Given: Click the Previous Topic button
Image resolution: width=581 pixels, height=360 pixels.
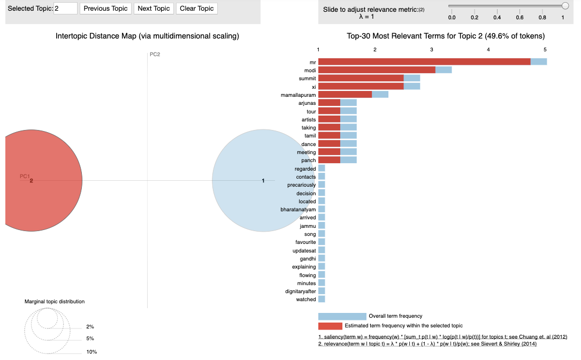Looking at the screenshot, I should click(105, 9).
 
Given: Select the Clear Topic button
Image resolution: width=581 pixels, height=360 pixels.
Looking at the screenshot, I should click(197, 9).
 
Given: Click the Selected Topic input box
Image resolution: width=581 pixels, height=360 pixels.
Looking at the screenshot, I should click(65, 9).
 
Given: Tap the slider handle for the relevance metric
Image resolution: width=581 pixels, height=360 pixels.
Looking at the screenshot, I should click(565, 6).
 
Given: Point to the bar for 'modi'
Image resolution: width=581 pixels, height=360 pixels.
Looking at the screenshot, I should click(377, 70).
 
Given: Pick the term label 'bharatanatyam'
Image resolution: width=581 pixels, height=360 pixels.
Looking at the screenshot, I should click(298, 210).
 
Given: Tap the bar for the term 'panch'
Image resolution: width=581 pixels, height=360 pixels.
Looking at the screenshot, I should click(329, 160).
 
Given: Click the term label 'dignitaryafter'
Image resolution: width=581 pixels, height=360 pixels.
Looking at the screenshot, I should click(300, 292).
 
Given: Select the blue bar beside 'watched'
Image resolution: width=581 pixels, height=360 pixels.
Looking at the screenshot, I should click(322, 300).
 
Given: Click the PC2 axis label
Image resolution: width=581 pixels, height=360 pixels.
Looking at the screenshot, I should click(155, 55).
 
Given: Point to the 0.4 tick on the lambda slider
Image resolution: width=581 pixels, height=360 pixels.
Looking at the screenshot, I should click(497, 18).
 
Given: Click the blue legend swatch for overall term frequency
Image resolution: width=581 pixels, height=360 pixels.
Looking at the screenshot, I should click(342, 316).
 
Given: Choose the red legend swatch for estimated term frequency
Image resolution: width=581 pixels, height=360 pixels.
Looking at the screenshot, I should click(330, 326).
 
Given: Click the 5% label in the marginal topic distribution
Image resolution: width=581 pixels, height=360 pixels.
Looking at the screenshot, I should click(90, 339).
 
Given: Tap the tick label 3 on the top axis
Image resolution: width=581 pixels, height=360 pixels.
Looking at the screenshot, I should click(432, 50).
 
